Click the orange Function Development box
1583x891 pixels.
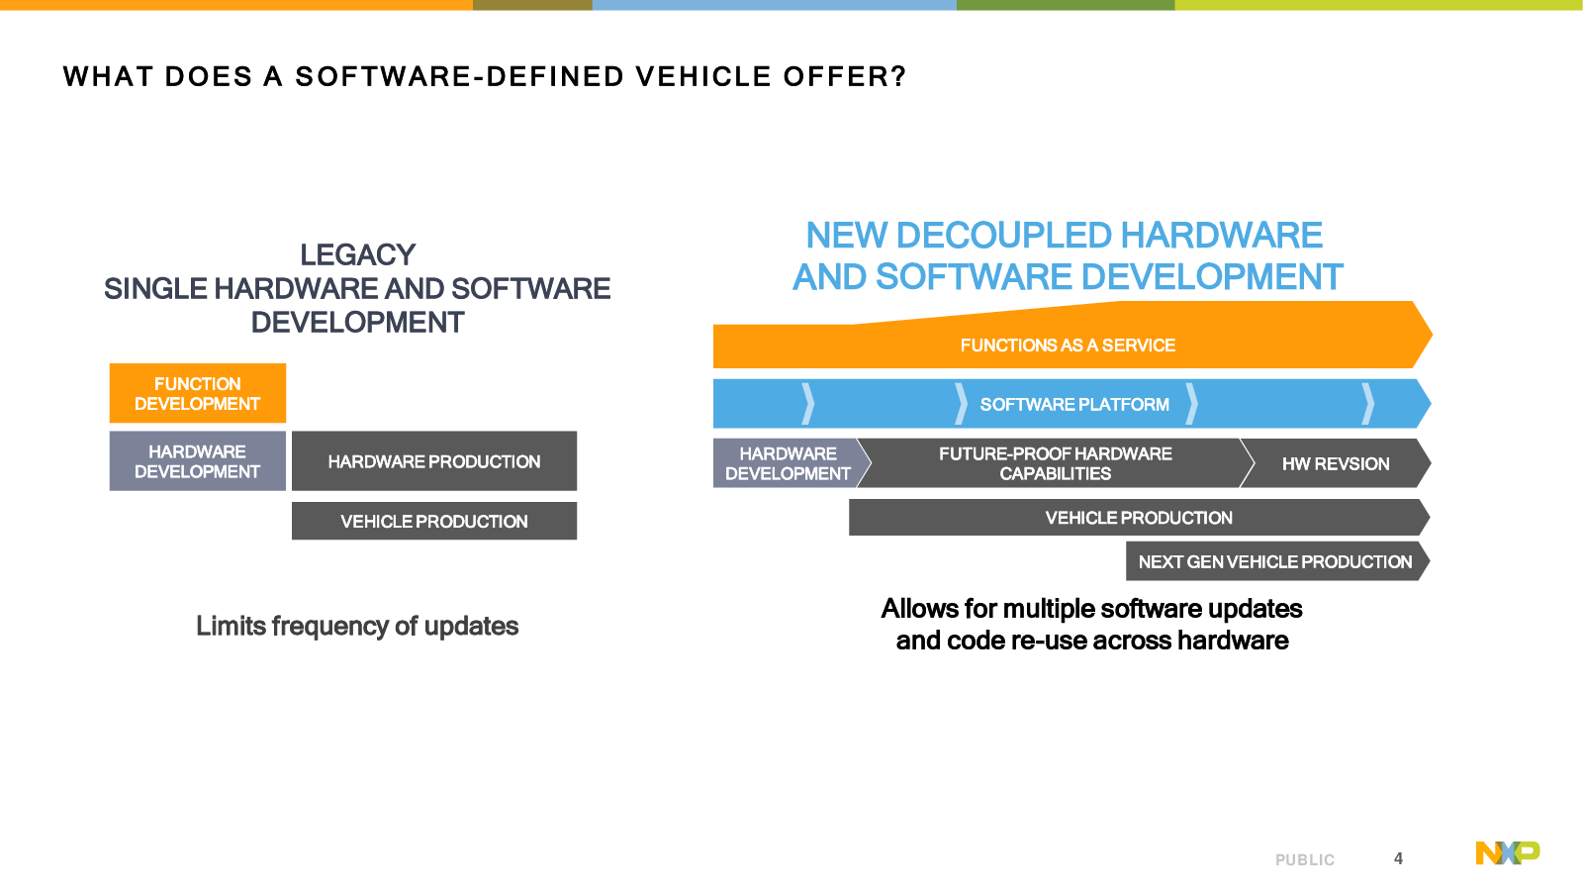[x=197, y=393]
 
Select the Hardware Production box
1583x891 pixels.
[x=434, y=461]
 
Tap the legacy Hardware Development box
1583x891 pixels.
[x=197, y=461]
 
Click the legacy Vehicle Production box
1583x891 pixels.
[x=434, y=521]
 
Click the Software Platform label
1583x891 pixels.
[x=1074, y=405]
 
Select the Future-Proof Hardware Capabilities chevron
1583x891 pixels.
[x=1055, y=463]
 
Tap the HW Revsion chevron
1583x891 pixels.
[x=1336, y=463]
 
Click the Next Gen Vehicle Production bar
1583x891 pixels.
[x=1276, y=561]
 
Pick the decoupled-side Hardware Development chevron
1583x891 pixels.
[x=788, y=463]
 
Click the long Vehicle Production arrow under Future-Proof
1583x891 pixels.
[x=1139, y=518]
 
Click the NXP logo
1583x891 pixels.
[x=1508, y=852]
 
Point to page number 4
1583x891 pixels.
[x=1398, y=858]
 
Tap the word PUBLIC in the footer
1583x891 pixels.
[x=1305, y=860]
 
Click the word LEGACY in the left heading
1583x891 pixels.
[x=357, y=255]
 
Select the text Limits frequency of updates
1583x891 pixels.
[x=357, y=626]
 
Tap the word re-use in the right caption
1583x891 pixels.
[x=1049, y=641]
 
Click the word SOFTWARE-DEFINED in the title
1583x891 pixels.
[x=459, y=76]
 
